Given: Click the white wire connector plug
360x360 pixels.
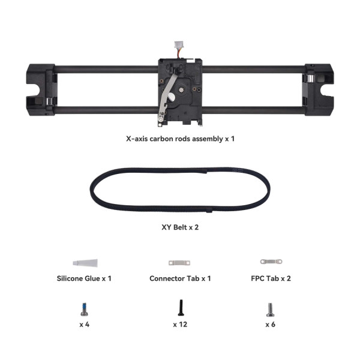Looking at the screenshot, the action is [x=178, y=44].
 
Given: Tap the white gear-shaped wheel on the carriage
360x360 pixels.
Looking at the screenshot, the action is [x=181, y=89].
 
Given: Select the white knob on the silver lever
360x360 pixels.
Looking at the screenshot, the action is [x=172, y=97].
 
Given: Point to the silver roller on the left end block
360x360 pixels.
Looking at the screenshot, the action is [x=49, y=101].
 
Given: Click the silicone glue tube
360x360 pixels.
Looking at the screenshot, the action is [x=85, y=263].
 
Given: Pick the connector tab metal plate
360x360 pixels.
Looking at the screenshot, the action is [x=179, y=263].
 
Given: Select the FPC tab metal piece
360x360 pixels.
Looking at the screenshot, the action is [x=271, y=262].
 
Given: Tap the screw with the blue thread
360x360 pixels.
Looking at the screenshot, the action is [x=84, y=309].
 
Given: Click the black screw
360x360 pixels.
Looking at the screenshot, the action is [x=181, y=308].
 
